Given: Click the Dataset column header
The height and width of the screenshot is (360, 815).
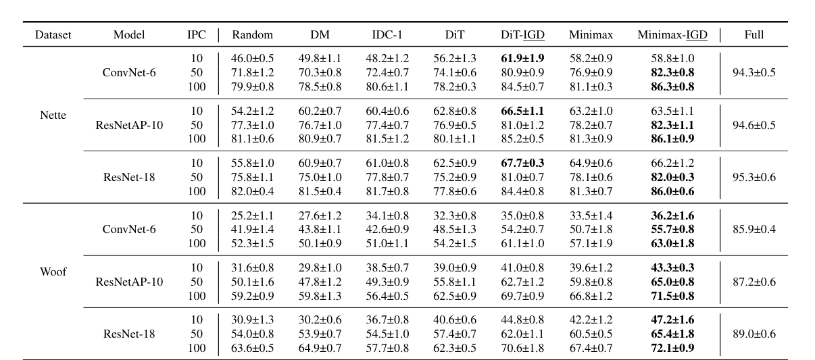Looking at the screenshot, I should click(x=53, y=35).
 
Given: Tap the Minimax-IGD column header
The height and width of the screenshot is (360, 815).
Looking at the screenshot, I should click(x=672, y=35).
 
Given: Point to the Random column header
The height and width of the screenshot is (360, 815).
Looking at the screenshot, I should click(x=252, y=35).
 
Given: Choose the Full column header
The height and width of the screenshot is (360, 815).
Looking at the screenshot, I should click(x=754, y=35).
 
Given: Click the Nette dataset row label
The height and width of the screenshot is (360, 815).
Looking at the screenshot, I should click(x=53, y=115).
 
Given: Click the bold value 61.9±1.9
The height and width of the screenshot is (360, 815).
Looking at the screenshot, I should click(x=522, y=59).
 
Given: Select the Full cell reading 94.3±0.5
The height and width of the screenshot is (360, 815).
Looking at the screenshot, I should click(x=754, y=72).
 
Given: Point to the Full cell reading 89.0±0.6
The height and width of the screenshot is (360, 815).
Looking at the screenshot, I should click(x=754, y=334).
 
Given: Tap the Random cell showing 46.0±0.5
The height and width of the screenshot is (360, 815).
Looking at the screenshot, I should click(x=252, y=59).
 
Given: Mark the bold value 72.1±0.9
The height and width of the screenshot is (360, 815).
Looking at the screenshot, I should click(x=672, y=348).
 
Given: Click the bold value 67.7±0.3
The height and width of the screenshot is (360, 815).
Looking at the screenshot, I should click(x=522, y=163).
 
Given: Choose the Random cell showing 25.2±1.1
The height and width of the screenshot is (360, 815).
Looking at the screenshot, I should click(x=252, y=215).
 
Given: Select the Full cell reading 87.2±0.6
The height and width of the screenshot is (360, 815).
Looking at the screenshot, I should click(x=754, y=281).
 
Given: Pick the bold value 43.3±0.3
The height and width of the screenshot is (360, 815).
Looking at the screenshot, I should click(x=672, y=267).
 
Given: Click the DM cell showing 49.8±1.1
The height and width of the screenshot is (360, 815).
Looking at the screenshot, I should click(x=320, y=59).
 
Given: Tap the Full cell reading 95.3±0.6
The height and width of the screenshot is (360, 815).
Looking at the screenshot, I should click(x=754, y=176).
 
